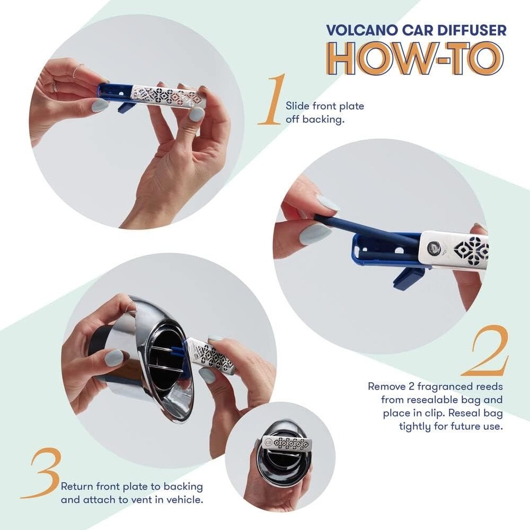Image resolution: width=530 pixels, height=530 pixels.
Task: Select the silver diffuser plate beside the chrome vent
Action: tap(212, 355)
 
